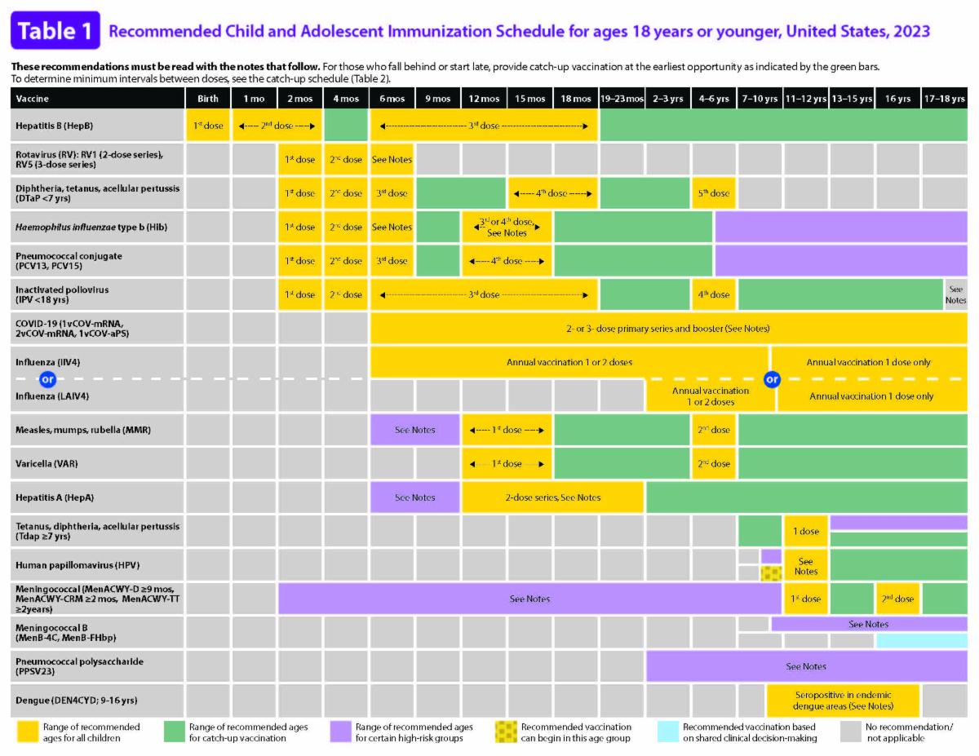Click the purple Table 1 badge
[x=55, y=31]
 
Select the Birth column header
[x=208, y=99]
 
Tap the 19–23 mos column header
[x=622, y=99]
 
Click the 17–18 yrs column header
[x=944, y=99]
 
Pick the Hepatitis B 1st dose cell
[x=208, y=126]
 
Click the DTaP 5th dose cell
[x=714, y=193]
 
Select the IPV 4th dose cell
[x=714, y=294]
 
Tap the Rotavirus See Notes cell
[x=392, y=159]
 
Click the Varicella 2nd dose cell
[x=714, y=463]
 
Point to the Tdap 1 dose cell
[x=805, y=531]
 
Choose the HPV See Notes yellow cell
[x=805, y=565]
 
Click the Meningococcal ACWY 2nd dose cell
[x=897, y=599]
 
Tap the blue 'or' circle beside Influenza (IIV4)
[x=48, y=379]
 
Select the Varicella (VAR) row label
[x=47, y=463]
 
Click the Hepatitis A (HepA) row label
[x=55, y=497]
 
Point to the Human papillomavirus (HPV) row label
[x=78, y=565]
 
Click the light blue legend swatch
[x=667, y=732]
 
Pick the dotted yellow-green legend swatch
[x=506, y=732]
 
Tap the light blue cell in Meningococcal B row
[x=921, y=640]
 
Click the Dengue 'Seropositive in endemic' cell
[x=843, y=701]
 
